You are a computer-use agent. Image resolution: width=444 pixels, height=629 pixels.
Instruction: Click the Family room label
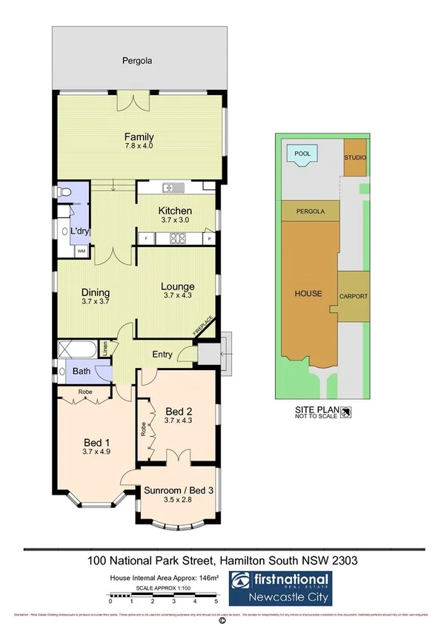click(139, 136)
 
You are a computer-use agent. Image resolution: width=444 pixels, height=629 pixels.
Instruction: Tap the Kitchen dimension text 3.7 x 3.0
click(176, 220)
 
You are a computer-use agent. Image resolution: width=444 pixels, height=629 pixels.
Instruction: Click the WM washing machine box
click(80, 252)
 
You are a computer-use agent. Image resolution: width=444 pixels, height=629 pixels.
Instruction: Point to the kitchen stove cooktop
click(178, 238)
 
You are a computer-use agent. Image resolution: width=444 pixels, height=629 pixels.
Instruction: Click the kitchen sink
click(171, 186)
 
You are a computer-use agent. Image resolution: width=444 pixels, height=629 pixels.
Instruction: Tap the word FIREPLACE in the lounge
click(204, 326)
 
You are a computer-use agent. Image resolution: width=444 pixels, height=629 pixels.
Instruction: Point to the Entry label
click(162, 355)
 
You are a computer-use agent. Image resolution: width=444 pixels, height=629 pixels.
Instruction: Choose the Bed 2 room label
click(178, 411)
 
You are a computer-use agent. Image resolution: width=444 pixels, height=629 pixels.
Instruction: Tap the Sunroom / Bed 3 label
click(176, 490)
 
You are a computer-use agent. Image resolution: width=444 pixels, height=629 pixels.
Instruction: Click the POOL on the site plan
click(302, 154)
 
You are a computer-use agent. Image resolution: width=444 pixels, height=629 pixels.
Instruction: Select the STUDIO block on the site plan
click(355, 159)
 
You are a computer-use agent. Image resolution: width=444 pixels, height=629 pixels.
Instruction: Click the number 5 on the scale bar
click(216, 602)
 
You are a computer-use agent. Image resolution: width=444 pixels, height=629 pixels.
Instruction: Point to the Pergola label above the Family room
click(138, 61)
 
